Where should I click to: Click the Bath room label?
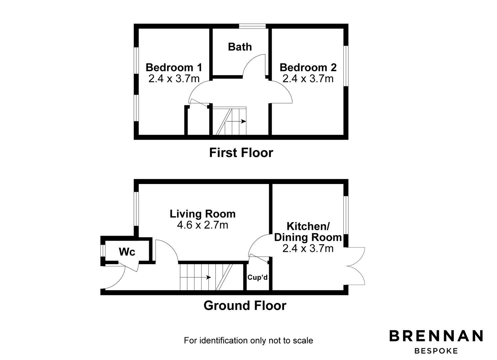point(240,47)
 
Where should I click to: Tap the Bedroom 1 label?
point(174,68)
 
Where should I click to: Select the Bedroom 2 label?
point(308,68)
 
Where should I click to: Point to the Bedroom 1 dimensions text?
point(174,79)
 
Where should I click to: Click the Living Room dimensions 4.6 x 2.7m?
point(203,225)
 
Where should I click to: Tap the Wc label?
point(127,252)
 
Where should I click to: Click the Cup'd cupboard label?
point(257,277)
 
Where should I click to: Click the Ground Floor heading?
point(245,306)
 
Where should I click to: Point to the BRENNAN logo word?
point(436,336)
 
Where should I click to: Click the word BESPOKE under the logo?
point(436,351)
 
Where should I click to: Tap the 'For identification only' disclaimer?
point(248,340)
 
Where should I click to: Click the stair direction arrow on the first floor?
point(236,121)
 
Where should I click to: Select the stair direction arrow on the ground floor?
point(195,277)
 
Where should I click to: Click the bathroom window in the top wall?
point(252,26)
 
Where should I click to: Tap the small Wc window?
point(103,251)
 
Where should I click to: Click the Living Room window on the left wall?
point(136,209)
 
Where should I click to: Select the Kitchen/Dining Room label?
point(308,232)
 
